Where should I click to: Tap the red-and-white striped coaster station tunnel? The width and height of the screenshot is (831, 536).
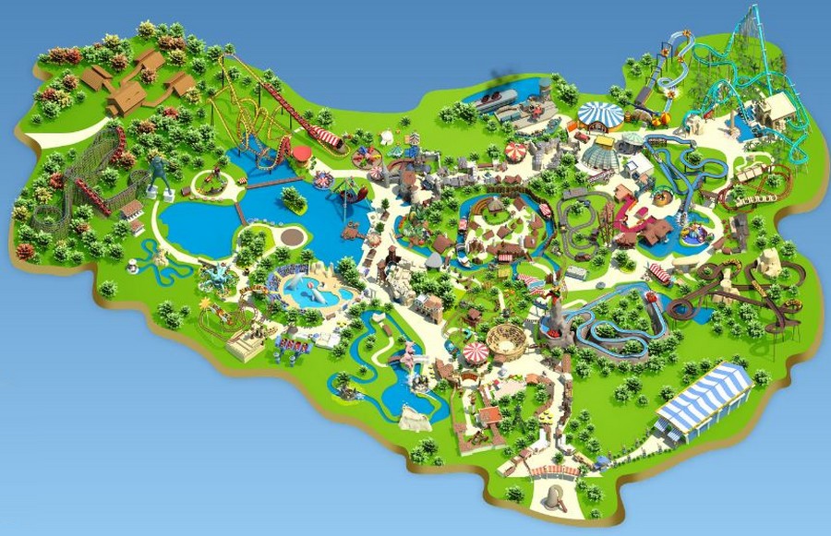point(325,139)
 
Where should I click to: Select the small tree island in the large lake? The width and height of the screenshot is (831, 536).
point(294,197)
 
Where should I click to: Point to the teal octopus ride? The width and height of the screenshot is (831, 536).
point(214,275)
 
